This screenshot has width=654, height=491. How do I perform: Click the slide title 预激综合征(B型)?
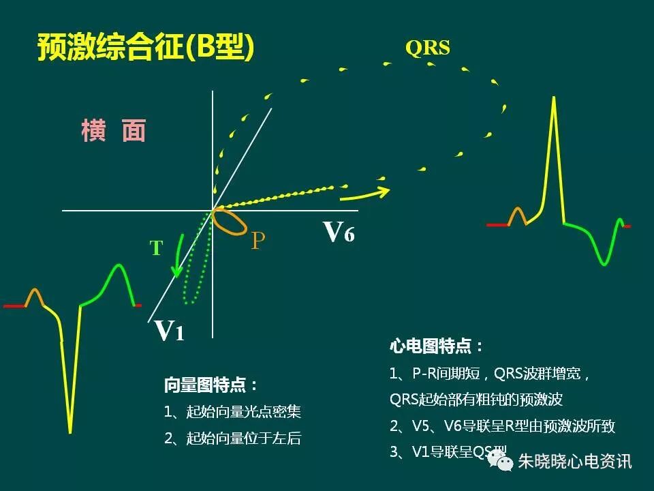point(145,48)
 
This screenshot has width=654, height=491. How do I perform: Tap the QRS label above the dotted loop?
point(427,48)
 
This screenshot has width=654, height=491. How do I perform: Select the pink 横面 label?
point(113,130)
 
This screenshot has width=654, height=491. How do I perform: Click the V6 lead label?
point(339,232)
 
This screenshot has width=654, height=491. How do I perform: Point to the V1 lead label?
point(170,330)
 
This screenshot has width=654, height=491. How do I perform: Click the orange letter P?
point(258,241)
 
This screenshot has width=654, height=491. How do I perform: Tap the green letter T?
point(157,248)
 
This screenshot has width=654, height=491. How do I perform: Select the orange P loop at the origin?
point(230,222)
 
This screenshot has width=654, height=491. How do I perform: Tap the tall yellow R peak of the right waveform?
point(555,102)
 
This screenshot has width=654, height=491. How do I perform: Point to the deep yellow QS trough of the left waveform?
point(70,426)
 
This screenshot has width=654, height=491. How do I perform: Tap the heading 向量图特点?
point(211,385)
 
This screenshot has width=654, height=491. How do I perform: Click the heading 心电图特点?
point(437,346)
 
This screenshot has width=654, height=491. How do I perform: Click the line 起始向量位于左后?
point(232,438)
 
